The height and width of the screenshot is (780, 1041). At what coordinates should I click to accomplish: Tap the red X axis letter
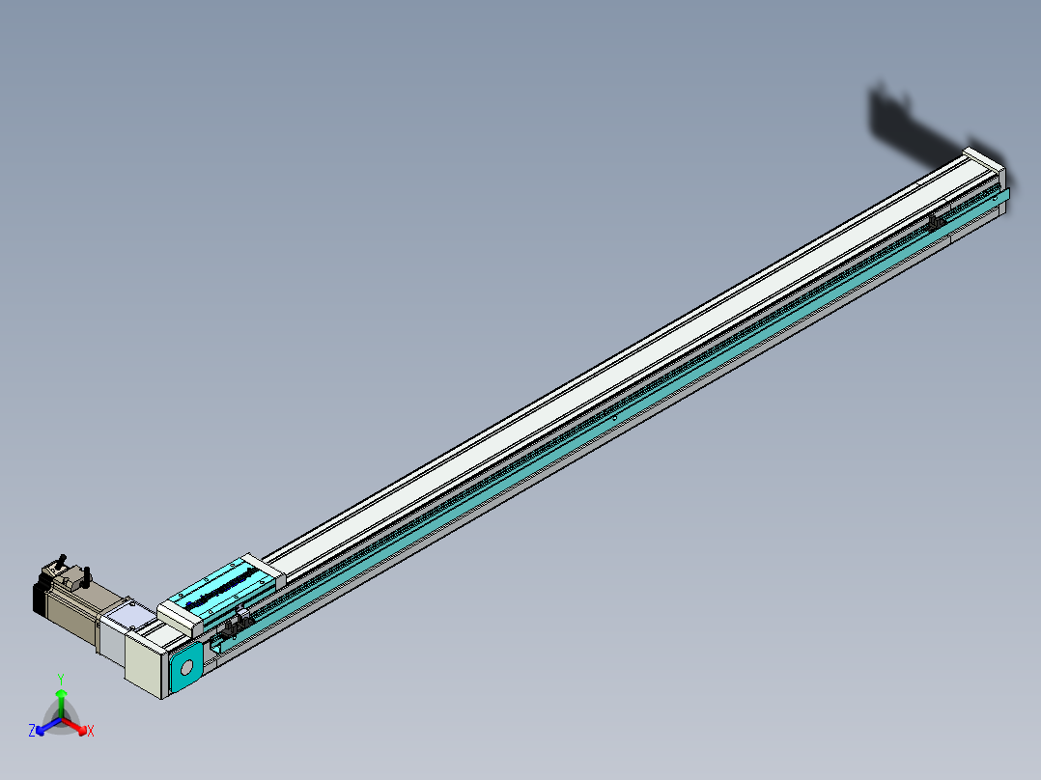(x=91, y=732)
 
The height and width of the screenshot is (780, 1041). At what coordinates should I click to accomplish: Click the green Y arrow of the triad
(x=61, y=697)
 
